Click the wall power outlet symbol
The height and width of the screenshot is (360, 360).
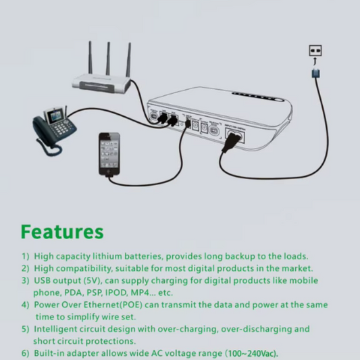(315, 50)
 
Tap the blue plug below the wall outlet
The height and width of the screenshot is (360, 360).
(315, 71)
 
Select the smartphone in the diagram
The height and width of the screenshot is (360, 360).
(108, 153)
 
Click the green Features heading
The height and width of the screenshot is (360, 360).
(62, 232)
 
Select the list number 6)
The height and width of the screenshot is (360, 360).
(25, 353)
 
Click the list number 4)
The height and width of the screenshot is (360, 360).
(25, 305)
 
